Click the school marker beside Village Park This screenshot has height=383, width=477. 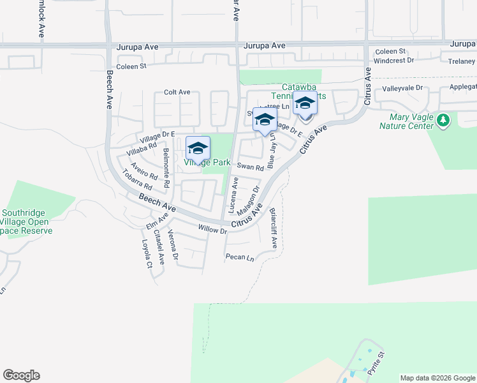click(198, 148)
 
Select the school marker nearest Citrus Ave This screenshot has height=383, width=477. click(305, 103)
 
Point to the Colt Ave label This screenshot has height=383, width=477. click(177, 92)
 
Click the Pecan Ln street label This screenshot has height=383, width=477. click(240, 257)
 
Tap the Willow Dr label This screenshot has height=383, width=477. click(212, 229)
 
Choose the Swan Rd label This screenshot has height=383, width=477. click(251, 167)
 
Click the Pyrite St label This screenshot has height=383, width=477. click(375, 363)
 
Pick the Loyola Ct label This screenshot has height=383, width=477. click(147, 254)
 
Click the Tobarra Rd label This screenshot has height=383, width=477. click(138, 182)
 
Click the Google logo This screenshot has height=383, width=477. click(21, 375)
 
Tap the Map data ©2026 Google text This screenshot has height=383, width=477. click(437, 378)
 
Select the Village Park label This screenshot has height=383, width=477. click(207, 162)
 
